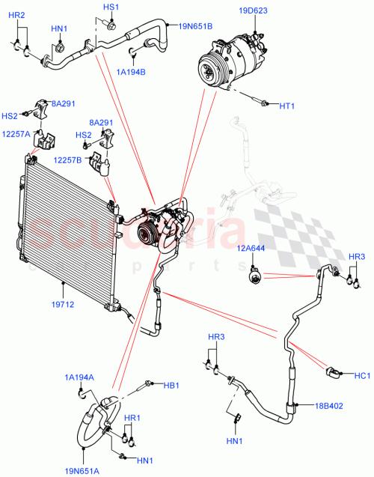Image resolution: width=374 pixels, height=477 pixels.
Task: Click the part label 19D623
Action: tap(254, 11)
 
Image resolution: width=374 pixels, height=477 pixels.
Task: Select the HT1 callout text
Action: tap(287, 106)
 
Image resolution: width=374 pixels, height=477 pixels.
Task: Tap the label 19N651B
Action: tap(195, 26)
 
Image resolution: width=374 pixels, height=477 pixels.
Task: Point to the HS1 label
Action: tap(111, 7)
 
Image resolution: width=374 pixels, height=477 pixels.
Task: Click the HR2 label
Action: tap(16, 16)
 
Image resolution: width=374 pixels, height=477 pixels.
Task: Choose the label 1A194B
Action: tap(131, 72)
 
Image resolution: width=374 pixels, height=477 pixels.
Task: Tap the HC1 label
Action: tap(362, 376)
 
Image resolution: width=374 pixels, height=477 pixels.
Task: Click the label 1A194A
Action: tap(79, 377)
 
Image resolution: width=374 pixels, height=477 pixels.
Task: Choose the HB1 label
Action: tap(171, 385)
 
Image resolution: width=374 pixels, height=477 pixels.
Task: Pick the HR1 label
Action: tap(132, 417)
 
